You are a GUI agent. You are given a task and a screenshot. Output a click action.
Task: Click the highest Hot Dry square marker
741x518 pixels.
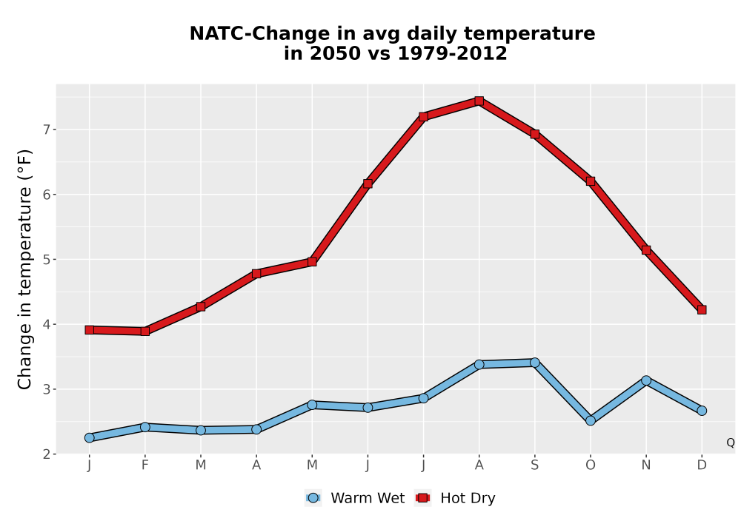(x=479, y=101)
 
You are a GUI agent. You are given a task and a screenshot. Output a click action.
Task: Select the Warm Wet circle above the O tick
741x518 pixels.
(x=591, y=420)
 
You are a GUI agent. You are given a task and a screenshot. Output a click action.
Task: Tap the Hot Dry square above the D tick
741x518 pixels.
(x=702, y=309)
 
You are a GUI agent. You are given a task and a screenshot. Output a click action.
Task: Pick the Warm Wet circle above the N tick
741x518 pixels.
(x=646, y=380)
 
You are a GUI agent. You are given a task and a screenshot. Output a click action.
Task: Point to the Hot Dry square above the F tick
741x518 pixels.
(x=145, y=332)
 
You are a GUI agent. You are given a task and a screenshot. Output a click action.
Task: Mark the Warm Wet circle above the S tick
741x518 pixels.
(x=534, y=363)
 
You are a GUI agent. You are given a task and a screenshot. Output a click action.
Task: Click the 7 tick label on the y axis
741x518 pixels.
(x=46, y=129)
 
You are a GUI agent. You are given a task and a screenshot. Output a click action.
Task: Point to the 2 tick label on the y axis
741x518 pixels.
(x=46, y=454)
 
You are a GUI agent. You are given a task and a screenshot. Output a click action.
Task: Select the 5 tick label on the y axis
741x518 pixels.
(x=46, y=260)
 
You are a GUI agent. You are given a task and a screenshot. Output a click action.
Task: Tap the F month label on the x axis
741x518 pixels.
(x=145, y=465)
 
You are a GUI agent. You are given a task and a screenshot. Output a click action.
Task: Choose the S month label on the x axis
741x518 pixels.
(x=534, y=465)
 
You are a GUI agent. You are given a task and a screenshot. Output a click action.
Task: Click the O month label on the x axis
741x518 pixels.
(x=591, y=465)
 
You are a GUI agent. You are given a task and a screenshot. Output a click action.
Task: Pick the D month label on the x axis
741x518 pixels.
(x=702, y=465)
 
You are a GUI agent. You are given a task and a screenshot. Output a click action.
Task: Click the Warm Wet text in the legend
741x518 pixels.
(x=368, y=498)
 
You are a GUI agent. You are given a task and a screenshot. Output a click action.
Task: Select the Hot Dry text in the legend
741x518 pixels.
(x=468, y=498)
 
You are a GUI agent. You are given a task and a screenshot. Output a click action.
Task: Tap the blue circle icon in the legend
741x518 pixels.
(x=313, y=498)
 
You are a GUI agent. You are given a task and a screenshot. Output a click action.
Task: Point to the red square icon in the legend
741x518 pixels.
(x=422, y=498)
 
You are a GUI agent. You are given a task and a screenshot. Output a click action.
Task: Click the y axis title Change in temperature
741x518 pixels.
(x=24, y=269)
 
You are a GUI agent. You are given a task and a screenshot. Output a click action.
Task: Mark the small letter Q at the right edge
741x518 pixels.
(x=731, y=443)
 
